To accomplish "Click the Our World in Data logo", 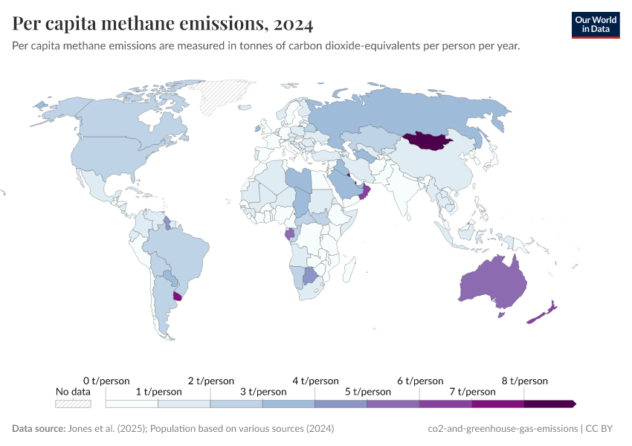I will pyautogui.click(x=595, y=25).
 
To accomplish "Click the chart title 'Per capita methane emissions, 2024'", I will pyautogui.click(x=163, y=24).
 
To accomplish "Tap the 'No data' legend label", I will pyautogui.click(x=73, y=392).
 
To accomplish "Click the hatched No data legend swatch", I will pyautogui.click(x=73, y=404).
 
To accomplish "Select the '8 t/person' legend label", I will pyautogui.click(x=524, y=381).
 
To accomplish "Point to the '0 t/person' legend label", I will pyautogui.click(x=106, y=381).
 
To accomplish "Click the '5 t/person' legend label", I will pyautogui.click(x=367, y=392).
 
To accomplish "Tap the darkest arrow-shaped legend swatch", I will pyautogui.click(x=549, y=404).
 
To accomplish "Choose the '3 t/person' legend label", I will pyautogui.click(x=262, y=392).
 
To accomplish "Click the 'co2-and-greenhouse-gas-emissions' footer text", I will pyautogui.click(x=503, y=429).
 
